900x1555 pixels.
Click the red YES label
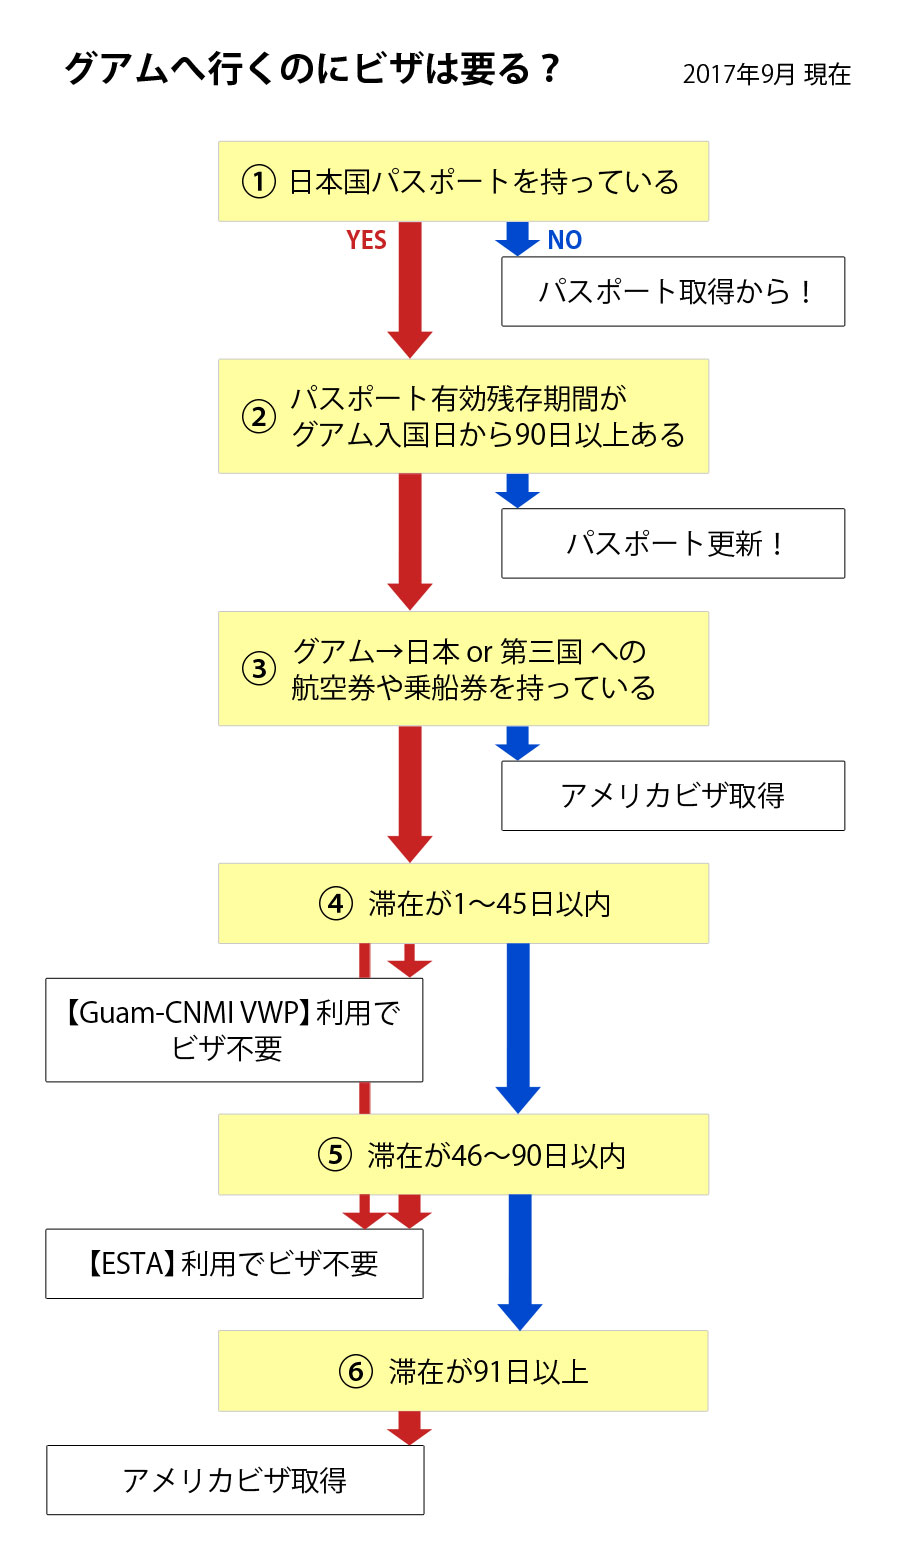[366, 240]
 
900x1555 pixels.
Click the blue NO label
[564, 240]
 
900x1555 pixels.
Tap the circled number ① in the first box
[259, 182]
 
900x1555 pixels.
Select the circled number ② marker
[259, 416]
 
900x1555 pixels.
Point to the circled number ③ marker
[259, 668]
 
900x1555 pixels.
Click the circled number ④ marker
[335, 904]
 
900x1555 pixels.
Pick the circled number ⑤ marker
[335, 1155]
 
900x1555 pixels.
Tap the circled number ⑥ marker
[355, 1371]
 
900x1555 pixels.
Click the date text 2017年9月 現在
[766, 75]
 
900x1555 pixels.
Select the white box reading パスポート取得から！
[673, 292]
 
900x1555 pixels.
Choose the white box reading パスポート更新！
[673, 544]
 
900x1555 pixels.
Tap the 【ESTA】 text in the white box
[128, 1264]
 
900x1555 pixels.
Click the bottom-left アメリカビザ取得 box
[235, 1480]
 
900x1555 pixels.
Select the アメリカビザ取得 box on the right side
[673, 796]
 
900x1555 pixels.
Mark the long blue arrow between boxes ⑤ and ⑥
[519, 1260]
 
